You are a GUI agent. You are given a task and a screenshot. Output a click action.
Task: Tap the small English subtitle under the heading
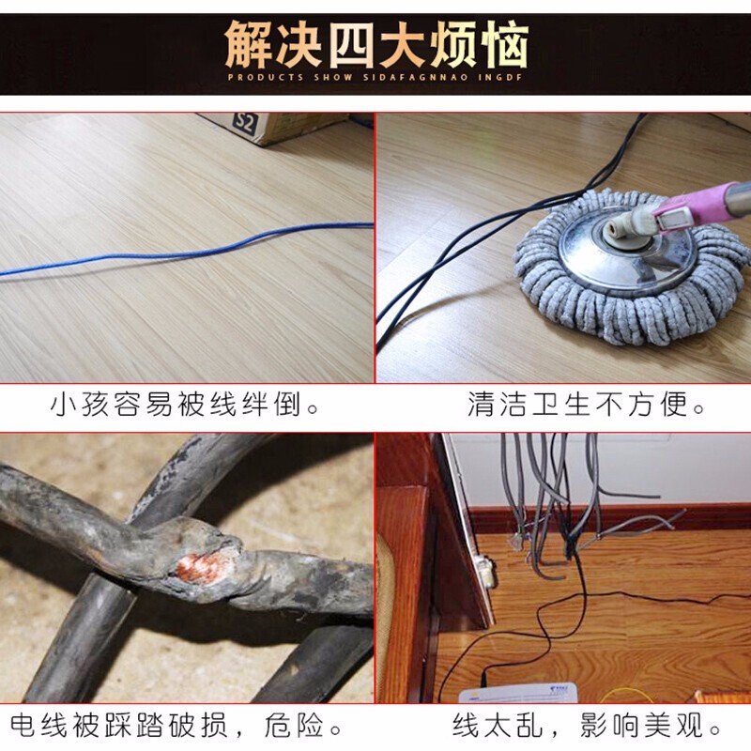[x=375, y=77]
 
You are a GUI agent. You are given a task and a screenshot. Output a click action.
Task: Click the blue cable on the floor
[x=188, y=253]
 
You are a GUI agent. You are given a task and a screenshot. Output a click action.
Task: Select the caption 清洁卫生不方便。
[x=587, y=406]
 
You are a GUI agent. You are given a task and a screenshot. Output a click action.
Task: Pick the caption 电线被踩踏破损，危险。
[x=178, y=726]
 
